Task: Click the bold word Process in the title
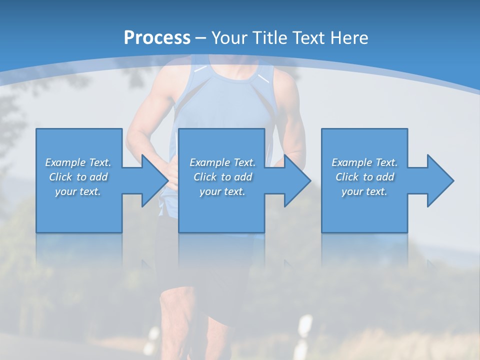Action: coord(157,37)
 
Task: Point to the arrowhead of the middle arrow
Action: coord(296,180)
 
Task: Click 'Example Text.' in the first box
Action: coord(78,162)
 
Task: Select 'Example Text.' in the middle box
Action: coord(222,162)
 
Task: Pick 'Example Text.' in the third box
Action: coord(364,162)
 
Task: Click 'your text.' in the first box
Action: coord(78,191)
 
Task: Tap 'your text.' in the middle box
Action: coord(222,191)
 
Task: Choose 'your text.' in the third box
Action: coord(364,191)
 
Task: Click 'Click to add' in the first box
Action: coord(78,177)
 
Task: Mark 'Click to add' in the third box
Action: coord(364,177)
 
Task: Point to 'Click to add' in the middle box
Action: coord(222,177)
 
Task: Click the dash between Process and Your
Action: coord(201,38)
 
